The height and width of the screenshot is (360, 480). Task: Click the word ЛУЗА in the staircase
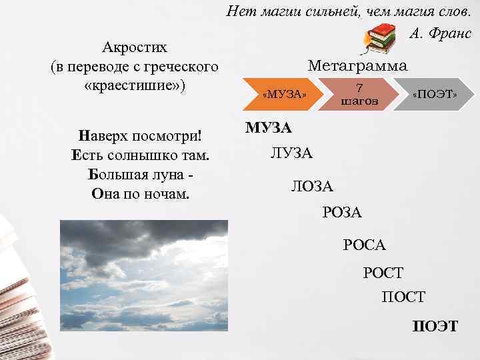pyautogui.click(x=291, y=154)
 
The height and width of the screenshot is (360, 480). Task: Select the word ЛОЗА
pyautogui.click(x=313, y=186)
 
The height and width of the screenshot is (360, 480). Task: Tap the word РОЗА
pyautogui.click(x=341, y=213)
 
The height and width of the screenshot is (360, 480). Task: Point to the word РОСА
pyautogui.click(x=365, y=245)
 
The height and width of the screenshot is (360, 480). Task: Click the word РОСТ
pyautogui.click(x=383, y=272)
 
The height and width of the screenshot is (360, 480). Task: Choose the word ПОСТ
pyautogui.click(x=403, y=297)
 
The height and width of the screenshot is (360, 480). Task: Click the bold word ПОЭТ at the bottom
pyautogui.click(x=435, y=326)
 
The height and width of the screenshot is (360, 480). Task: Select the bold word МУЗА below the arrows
pyautogui.click(x=268, y=127)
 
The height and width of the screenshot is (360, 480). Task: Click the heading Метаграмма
pyautogui.click(x=357, y=65)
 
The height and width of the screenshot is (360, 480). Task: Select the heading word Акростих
pyautogui.click(x=135, y=48)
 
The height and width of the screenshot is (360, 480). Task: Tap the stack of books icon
pyautogui.click(x=382, y=38)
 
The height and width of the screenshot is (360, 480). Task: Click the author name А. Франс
pyautogui.click(x=439, y=33)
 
